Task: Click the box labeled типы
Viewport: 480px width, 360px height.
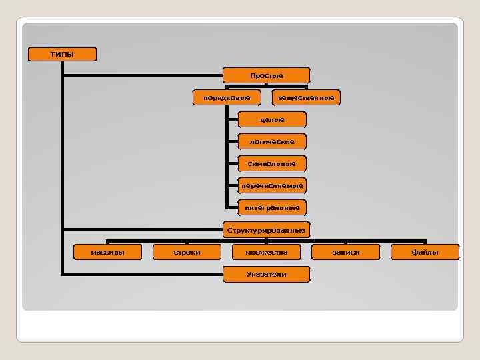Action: [x=62, y=54]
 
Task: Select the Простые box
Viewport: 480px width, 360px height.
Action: [x=267, y=75]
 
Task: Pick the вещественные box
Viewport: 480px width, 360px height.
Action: [x=306, y=98]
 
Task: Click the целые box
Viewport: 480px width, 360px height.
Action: [x=272, y=119]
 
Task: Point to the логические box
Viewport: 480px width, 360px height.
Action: [x=272, y=141]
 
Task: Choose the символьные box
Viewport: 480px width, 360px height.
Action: [x=272, y=163]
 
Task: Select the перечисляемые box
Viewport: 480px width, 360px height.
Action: [x=272, y=185]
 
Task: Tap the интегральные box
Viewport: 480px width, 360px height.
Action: [x=272, y=208]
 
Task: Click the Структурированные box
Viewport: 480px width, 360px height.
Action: [x=266, y=231]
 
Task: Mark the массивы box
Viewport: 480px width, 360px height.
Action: [x=107, y=252]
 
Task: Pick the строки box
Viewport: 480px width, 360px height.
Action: [x=187, y=252]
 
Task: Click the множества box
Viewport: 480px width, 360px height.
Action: [x=266, y=252]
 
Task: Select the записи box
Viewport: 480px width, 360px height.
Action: [x=345, y=252]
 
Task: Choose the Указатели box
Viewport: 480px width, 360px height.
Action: [x=266, y=274]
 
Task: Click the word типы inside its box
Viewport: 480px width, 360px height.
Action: [x=62, y=54]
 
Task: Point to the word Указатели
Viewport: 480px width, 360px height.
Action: [x=266, y=274]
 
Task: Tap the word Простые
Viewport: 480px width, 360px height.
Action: [x=267, y=75]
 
